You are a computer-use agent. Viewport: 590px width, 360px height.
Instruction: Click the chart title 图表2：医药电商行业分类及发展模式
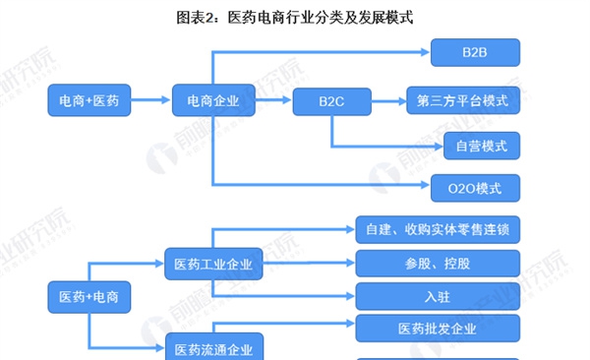click(295, 18)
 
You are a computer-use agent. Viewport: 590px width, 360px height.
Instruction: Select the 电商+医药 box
click(89, 100)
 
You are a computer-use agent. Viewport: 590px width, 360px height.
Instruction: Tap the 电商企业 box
click(213, 100)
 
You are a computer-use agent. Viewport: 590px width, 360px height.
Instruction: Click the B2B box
click(475, 52)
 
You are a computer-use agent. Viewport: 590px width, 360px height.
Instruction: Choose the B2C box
click(332, 101)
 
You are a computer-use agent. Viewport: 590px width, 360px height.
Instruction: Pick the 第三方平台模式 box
click(463, 100)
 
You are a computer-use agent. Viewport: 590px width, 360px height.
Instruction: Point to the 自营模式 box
click(482, 146)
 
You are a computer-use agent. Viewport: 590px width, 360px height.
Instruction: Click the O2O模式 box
click(475, 188)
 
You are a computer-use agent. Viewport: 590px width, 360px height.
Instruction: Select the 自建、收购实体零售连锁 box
click(438, 229)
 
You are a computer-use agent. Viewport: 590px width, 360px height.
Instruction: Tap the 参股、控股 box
click(438, 264)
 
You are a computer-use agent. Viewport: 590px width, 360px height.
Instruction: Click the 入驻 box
click(438, 296)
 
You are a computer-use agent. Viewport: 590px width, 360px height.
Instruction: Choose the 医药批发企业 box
click(438, 329)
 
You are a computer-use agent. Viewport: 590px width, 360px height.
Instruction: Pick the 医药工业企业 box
click(213, 264)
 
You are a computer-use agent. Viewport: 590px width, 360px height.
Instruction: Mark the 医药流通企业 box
click(214, 347)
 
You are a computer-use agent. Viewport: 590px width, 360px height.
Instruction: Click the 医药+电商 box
click(89, 297)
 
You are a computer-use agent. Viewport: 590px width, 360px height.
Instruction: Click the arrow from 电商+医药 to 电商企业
click(150, 99)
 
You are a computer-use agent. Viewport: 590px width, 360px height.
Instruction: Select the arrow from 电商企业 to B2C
click(273, 99)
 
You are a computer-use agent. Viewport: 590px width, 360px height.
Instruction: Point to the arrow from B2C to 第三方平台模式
click(388, 101)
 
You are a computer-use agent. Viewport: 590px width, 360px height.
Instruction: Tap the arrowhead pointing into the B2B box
click(425, 52)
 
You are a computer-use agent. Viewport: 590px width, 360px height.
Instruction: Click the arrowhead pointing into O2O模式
click(425, 185)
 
